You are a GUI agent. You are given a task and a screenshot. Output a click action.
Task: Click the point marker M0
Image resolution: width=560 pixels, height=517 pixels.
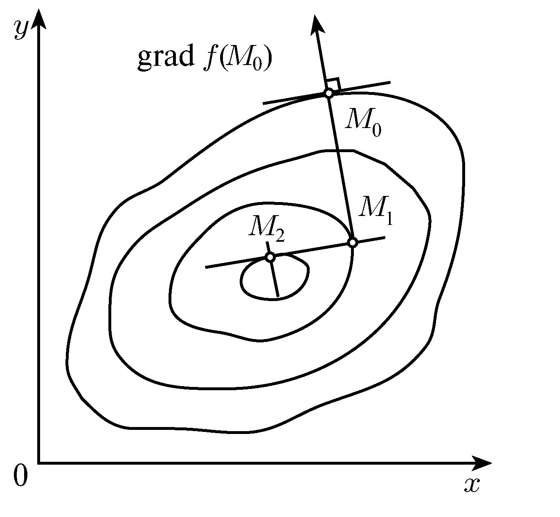(329, 93)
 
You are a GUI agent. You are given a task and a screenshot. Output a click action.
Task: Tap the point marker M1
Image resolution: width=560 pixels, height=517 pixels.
(353, 243)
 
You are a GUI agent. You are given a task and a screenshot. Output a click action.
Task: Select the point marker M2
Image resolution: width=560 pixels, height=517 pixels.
(270, 257)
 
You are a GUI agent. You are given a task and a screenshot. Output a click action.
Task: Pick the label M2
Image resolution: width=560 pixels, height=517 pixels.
(266, 229)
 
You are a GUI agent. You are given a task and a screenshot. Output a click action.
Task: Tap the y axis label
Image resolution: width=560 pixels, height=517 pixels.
(20, 29)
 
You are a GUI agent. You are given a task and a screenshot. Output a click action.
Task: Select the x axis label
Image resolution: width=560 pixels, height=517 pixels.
(471, 485)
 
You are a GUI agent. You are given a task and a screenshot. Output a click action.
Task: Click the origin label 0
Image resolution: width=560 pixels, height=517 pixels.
(20, 477)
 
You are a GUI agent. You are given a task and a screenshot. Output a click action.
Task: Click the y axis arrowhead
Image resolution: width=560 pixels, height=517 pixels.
(39, 18)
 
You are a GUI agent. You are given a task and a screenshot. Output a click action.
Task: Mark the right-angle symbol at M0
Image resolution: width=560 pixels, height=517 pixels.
(333, 83)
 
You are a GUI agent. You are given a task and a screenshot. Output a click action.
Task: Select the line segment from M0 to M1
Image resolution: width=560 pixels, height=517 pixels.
(341, 168)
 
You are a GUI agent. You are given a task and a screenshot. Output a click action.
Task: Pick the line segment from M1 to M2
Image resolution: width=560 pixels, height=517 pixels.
(311, 250)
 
